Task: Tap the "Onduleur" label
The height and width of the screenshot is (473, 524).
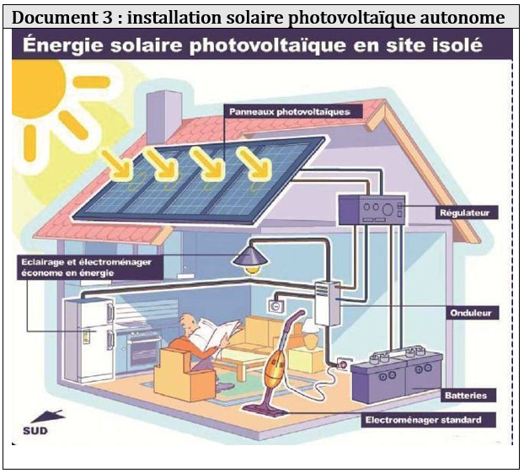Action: point(470,312)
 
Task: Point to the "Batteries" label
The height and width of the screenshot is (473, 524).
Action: point(466,395)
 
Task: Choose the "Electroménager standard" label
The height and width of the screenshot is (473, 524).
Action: point(429,419)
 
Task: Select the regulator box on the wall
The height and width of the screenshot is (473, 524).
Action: point(372,209)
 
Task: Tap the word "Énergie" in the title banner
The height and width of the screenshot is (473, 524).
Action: point(63,45)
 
